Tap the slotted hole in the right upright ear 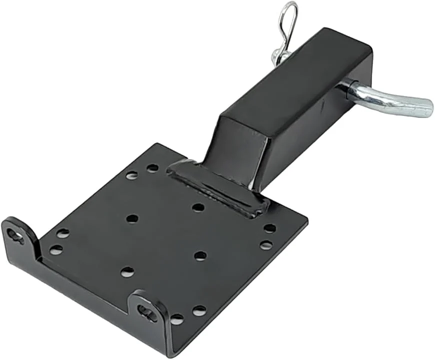click(147, 313)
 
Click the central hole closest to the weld click(198, 207)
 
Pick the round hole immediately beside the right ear click(176, 318)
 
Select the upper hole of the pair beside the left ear click(62, 233)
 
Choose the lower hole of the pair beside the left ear click(56, 249)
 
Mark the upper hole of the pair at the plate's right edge click(269, 228)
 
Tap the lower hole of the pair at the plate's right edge click(266, 245)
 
